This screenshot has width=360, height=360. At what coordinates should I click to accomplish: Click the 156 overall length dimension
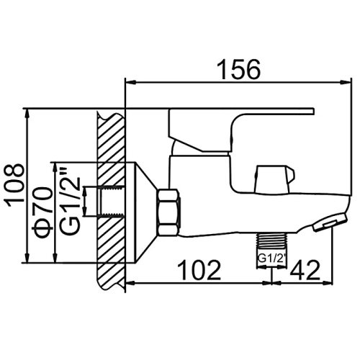pos(238,69)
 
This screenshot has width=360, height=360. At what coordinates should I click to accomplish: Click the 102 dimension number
pos(199,270)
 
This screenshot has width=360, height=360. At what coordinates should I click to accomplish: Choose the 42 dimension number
pos(305,270)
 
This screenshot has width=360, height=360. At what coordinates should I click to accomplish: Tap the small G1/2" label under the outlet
pos(272,259)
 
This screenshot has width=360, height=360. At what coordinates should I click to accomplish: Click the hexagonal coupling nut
pos(168,212)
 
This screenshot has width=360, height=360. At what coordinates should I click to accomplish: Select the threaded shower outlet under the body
pos(271,240)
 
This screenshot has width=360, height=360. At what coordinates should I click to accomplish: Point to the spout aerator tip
pos(330,222)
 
